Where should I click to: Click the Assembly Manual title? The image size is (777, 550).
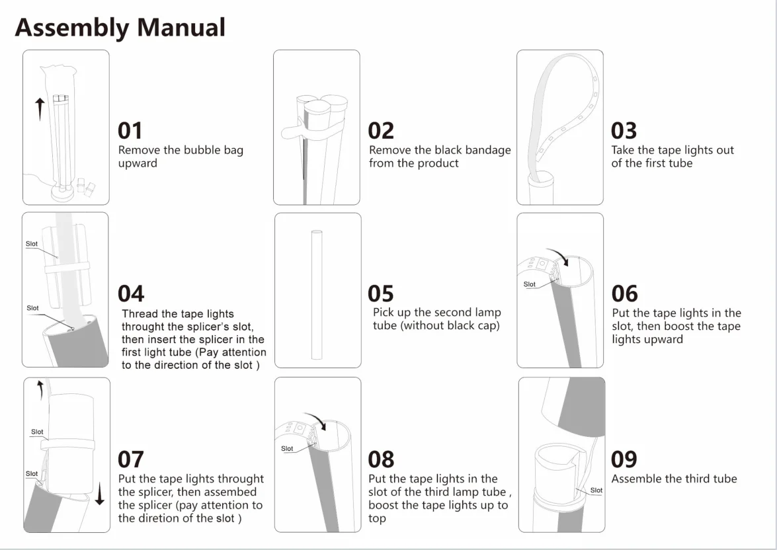(120, 28)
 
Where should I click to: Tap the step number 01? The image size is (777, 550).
(130, 130)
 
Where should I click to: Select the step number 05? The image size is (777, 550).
(380, 294)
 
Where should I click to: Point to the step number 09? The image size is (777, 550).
(624, 459)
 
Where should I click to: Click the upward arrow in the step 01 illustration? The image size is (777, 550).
(40, 108)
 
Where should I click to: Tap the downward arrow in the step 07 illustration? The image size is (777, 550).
(99, 494)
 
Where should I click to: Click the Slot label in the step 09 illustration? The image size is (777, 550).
(596, 491)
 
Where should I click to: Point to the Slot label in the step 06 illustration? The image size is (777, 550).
(529, 284)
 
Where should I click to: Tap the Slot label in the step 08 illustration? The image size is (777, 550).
(287, 449)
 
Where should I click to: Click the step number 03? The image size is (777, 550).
(624, 130)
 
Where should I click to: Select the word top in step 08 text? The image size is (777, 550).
(377, 518)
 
